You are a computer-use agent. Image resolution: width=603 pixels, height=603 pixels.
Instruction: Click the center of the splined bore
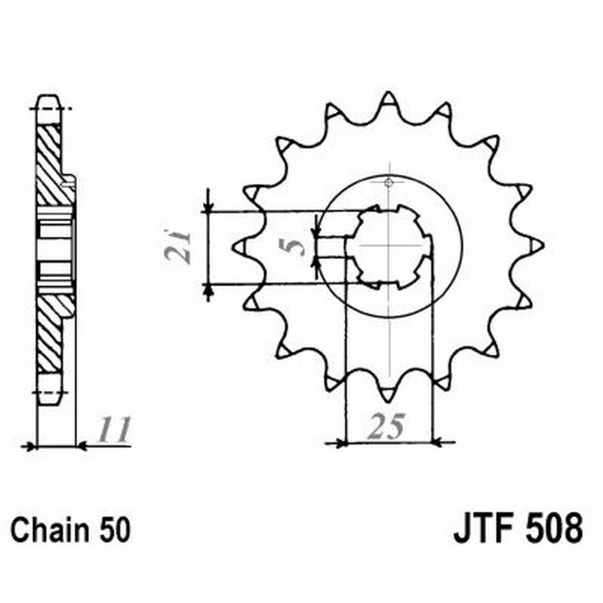click(x=388, y=246)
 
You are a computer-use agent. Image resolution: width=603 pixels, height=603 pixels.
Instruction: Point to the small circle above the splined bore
click(x=388, y=182)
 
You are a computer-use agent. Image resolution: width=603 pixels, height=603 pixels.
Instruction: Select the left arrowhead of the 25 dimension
click(x=338, y=443)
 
